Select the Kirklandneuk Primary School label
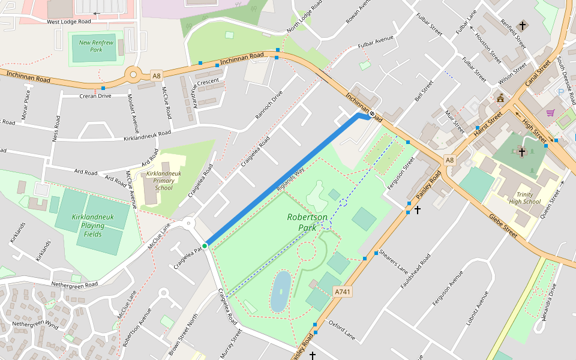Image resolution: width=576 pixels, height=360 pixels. click(164, 181)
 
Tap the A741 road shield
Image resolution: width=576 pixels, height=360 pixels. click(341, 292)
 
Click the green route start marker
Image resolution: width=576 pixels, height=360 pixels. click(205, 246)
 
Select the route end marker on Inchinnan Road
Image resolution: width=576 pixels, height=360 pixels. click(372, 113)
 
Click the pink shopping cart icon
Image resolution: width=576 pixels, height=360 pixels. click(550, 112)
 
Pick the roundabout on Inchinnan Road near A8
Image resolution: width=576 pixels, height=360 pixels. click(133, 76)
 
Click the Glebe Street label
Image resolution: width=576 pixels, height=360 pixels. click(503, 226)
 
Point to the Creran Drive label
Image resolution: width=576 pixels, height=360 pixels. click(95, 96)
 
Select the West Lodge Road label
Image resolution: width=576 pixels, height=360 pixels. click(69, 22)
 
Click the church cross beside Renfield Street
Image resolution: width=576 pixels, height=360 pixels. click(523, 25)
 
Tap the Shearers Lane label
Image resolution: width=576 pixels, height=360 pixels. click(394, 261)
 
